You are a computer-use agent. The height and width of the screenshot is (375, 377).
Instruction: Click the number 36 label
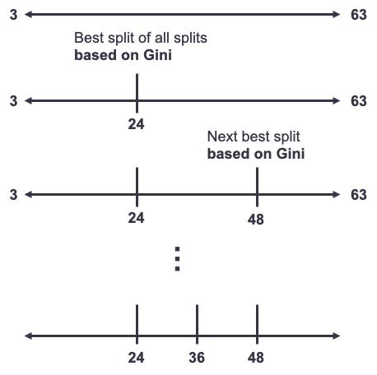pos(197,358)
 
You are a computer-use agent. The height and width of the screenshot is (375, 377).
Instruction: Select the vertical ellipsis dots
pos(177,259)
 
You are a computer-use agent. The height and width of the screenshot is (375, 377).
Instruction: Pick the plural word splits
pos(190,38)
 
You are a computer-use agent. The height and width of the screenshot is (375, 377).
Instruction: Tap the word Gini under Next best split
pos(291,154)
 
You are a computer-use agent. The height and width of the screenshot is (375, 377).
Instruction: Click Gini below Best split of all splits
pos(157,55)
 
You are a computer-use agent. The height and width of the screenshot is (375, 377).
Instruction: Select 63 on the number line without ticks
pos(359,15)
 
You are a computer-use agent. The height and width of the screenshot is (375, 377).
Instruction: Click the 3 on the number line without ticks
pos(13,15)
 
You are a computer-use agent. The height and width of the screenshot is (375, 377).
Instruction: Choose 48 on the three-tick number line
pos(256,358)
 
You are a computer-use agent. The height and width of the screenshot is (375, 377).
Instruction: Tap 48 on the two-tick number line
pos(256,220)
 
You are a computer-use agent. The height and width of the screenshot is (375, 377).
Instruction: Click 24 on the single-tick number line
pos(136,124)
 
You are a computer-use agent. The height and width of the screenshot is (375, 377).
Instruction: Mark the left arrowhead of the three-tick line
pos(28,336)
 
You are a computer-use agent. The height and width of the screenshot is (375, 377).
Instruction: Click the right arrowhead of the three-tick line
pos(337,336)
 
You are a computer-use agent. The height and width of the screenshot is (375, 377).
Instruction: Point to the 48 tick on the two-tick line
pos(257,187)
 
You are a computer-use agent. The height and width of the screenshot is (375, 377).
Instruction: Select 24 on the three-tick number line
pos(136,358)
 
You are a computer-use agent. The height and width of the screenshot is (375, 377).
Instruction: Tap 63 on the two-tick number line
pos(359,195)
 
